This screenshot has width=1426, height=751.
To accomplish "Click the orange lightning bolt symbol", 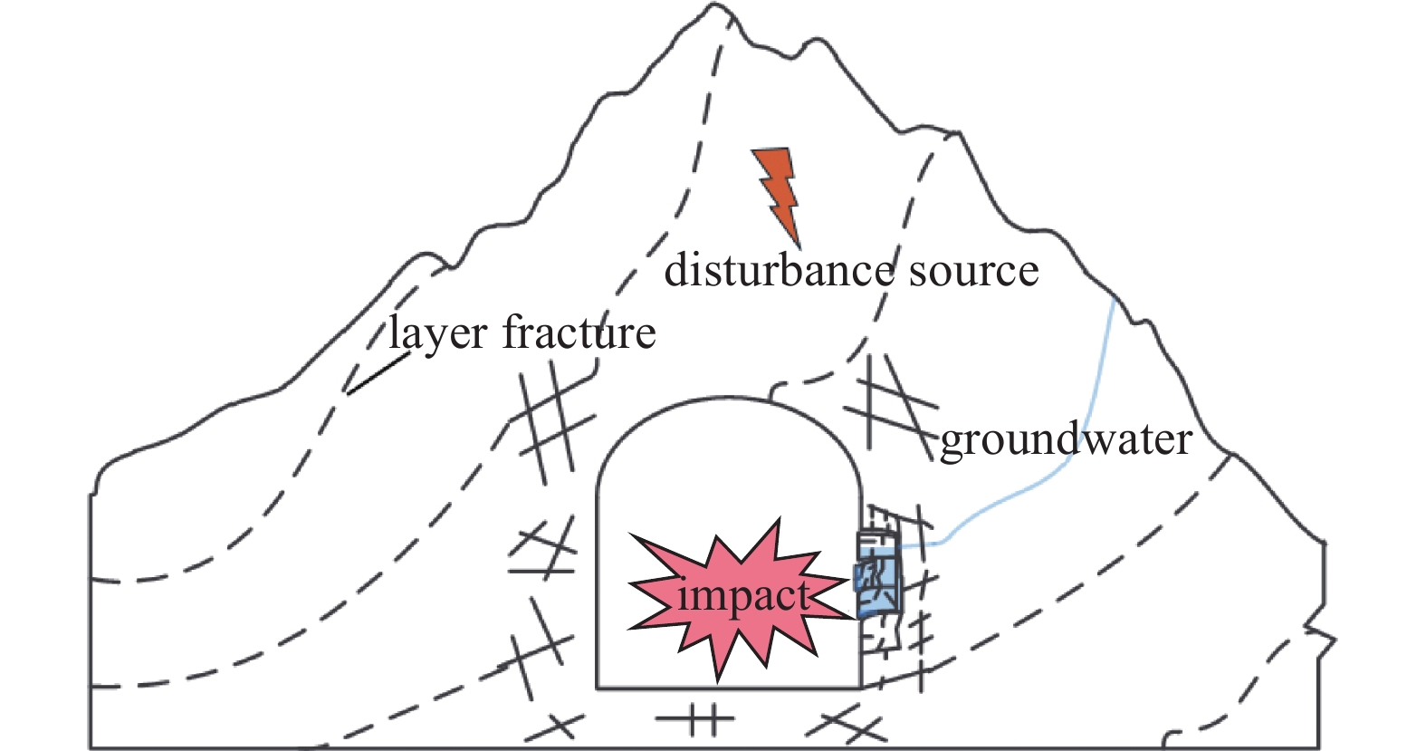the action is coord(778,191).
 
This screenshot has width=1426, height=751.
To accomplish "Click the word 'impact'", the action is coord(743,597).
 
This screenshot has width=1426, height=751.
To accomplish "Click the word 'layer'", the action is coord(438,332).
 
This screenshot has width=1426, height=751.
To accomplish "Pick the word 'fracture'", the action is coord(579,332).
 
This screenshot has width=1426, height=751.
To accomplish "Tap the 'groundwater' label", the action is coord(1066,441).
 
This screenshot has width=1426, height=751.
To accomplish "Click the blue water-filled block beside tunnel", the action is coord(878,573).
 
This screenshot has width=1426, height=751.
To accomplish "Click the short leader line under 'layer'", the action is coord(378,374).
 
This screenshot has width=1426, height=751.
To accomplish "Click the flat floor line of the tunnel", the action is coord(729,688).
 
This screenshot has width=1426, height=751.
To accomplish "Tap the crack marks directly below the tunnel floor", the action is coord(695,718).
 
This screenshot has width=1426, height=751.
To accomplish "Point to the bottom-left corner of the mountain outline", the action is coord(90,747).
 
